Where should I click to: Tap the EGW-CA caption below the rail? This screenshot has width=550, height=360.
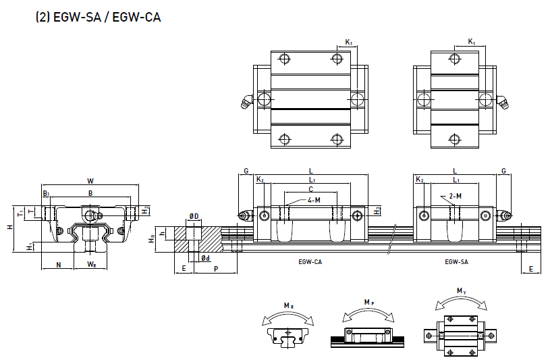pos(310,261)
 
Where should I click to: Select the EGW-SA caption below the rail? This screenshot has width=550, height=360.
pos(457,261)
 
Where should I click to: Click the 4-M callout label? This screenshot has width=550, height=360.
pos(314,201)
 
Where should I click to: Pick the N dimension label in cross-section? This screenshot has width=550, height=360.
pos(59,264)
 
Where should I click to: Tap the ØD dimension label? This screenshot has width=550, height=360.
pos(194,216)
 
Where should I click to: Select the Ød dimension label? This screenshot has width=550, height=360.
pos(205,258)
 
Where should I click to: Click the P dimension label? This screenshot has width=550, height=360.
pos(215,268)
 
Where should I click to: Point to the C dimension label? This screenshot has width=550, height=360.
pos(310,190)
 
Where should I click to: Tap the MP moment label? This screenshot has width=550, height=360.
pos(368,301)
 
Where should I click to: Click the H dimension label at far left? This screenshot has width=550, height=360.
pos(10,227)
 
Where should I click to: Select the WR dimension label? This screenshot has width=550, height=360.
pos(90,264)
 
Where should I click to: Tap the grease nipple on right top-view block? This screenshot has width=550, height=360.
pos(503,101)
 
